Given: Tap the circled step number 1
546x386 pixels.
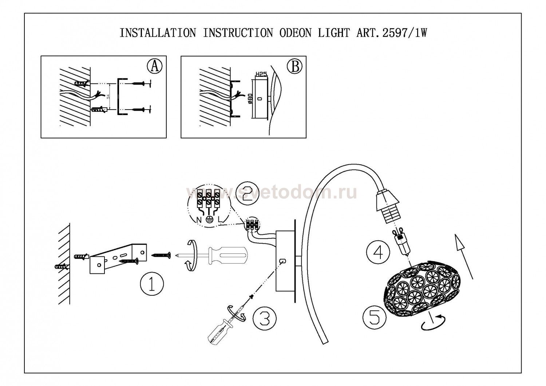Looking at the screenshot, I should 151,284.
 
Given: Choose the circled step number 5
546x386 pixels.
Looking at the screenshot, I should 374,317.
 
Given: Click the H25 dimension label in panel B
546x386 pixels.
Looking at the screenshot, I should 261,74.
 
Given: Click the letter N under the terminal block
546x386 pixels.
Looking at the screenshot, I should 198,220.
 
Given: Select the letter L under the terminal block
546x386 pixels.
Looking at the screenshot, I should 220,220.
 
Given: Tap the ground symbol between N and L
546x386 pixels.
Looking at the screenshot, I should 209,220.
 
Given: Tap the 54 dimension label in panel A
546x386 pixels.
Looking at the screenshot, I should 108,96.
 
